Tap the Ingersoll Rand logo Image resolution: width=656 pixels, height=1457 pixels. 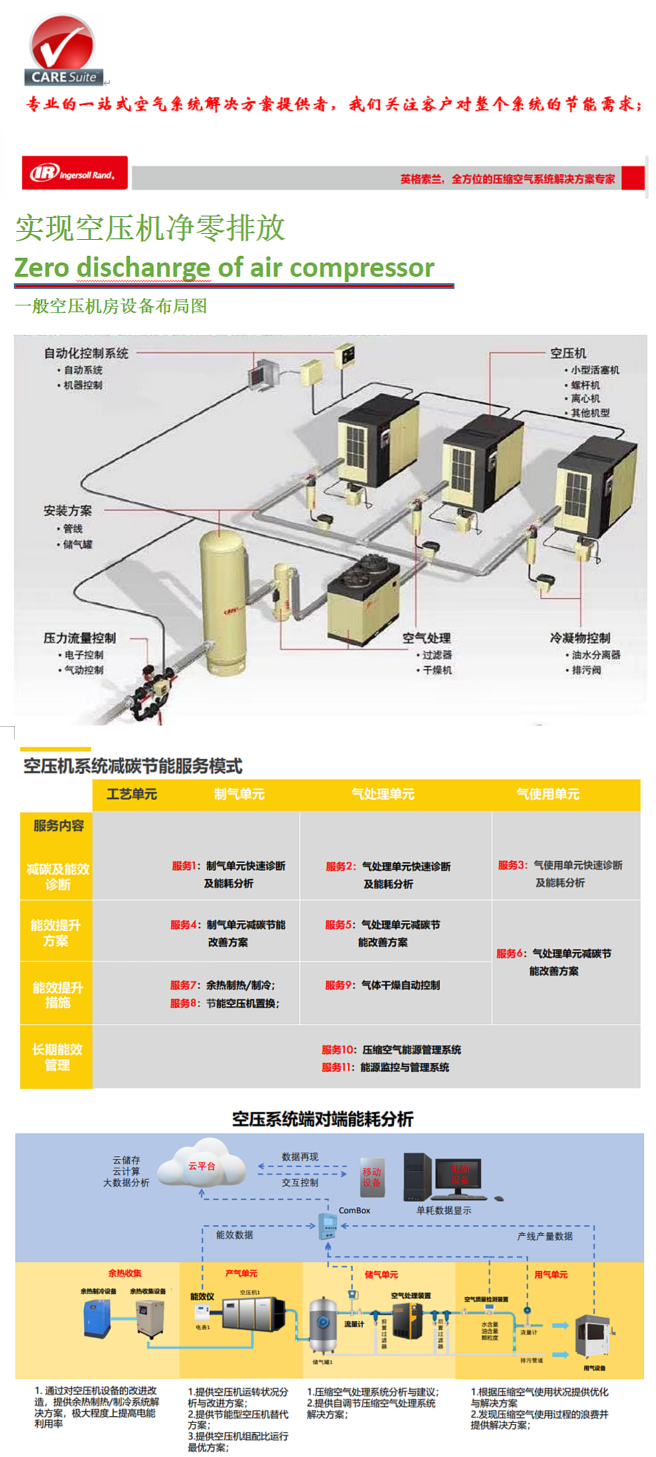pyautogui.click(x=74, y=174)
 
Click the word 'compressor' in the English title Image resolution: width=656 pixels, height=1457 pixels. pyautogui.click(x=362, y=268)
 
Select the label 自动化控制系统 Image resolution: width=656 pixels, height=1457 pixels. pyautogui.click(x=86, y=353)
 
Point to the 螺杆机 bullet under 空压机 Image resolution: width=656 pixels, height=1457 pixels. pyautogui.click(x=585, y=385)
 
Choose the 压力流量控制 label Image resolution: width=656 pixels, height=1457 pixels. pyautogui.click(x=80, y=638)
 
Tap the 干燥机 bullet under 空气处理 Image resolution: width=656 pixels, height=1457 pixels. pyautogui.click(x=437, y=670)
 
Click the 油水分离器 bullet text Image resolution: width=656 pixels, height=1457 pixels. pyautogui.click(x=596, y=654)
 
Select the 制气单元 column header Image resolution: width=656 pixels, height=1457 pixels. pyautogui.click(x=239, y=794)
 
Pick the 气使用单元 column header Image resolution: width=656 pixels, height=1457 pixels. pyautogui.click(x=548, y=794)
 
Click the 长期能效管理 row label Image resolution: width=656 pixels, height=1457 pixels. pyautogui.click(x=57, y=1056)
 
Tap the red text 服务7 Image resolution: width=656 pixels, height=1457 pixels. pyautogui.click(x=183, y=985)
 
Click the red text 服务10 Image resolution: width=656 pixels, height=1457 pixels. pyautogui.click(x=337, y=1049)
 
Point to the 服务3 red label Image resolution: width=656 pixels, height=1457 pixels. pyautogui.click(x=512, y=865)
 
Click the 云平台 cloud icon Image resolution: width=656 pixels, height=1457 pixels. pyautogui.click(x=201, y=1166)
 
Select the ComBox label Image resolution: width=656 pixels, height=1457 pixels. pyautogui.click(x=354, y=1210)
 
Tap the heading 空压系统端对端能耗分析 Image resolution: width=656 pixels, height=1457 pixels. pyautogui.click(x=323, y=1119)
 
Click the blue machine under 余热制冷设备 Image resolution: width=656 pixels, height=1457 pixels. pyautogui.click(x=97, y=1318)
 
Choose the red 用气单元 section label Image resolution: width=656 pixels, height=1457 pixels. pyautogui.click(x=551, y=1274)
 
